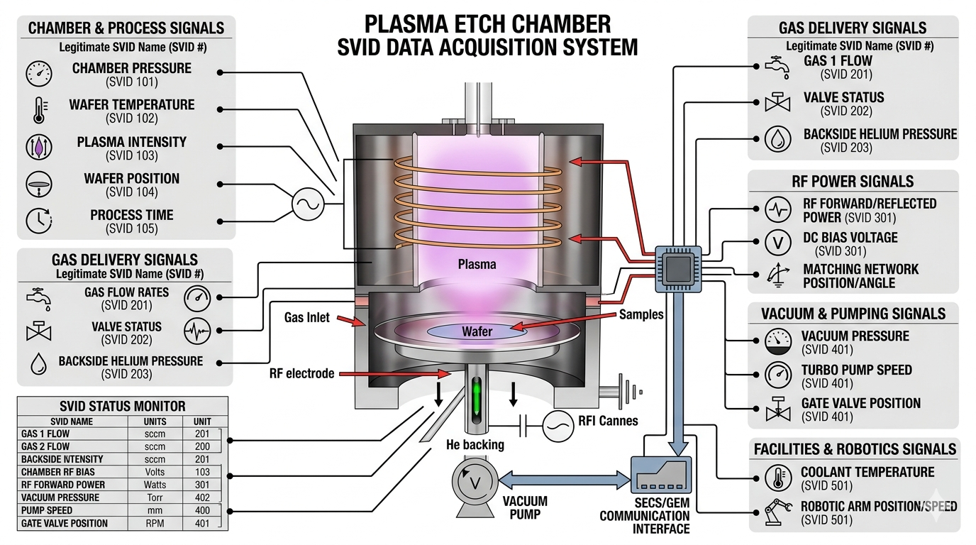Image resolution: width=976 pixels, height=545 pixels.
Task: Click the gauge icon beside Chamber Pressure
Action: point(39,74)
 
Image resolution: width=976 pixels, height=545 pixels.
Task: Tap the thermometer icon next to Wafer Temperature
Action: point(38,110)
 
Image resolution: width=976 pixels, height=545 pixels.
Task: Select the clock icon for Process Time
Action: point(39,221)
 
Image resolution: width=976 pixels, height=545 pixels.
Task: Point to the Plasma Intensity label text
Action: point(132,142)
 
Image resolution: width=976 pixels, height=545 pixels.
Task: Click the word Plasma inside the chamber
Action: point(477,265)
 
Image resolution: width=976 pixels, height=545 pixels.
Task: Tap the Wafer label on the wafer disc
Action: point(477,331)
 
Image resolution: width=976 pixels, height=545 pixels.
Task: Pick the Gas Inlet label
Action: point(307,317)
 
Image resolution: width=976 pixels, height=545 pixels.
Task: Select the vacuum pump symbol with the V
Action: point(475,483)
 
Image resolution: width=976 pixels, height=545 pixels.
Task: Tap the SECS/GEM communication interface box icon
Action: point(660,473)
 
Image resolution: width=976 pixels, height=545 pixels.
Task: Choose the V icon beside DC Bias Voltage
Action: point(778,242)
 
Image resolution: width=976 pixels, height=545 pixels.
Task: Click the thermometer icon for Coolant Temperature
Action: point(778,478)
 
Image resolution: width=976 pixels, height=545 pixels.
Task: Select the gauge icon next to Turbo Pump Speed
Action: point(778,375)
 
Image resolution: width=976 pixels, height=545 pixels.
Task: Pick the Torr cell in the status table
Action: point(155,497)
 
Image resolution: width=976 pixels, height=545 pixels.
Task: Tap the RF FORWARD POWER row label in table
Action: point(64,485)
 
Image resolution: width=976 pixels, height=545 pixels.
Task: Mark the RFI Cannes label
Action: point(608,421)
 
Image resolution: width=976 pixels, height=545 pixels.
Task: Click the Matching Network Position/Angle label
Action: point(860,276)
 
